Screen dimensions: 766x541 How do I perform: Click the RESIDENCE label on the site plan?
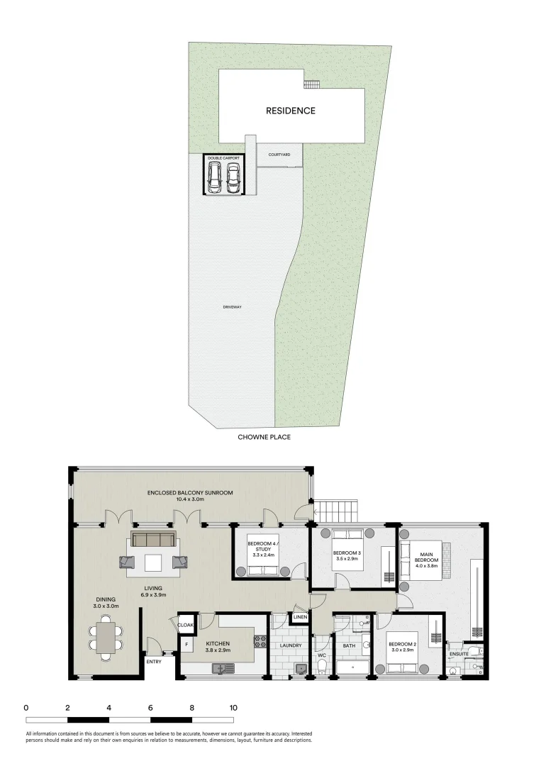click(291, 111)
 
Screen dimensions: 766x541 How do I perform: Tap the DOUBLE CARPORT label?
click(224, 157)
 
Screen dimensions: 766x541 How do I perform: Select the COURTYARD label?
click(279, 154)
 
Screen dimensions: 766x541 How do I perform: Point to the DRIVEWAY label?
click(233, 307)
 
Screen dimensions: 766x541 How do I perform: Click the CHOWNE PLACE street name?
click(264, 438)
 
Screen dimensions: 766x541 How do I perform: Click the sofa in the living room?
click(153, 540)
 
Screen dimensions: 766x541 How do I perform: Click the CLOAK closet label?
click(186, 626)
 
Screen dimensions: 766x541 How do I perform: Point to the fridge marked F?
click(186, 645)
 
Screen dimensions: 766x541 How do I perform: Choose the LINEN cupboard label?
click(300, 618)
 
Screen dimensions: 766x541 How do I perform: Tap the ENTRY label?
click(154, 662)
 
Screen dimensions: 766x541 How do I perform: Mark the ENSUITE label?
click(459, 654)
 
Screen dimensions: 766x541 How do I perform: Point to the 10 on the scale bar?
click(233, 708)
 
